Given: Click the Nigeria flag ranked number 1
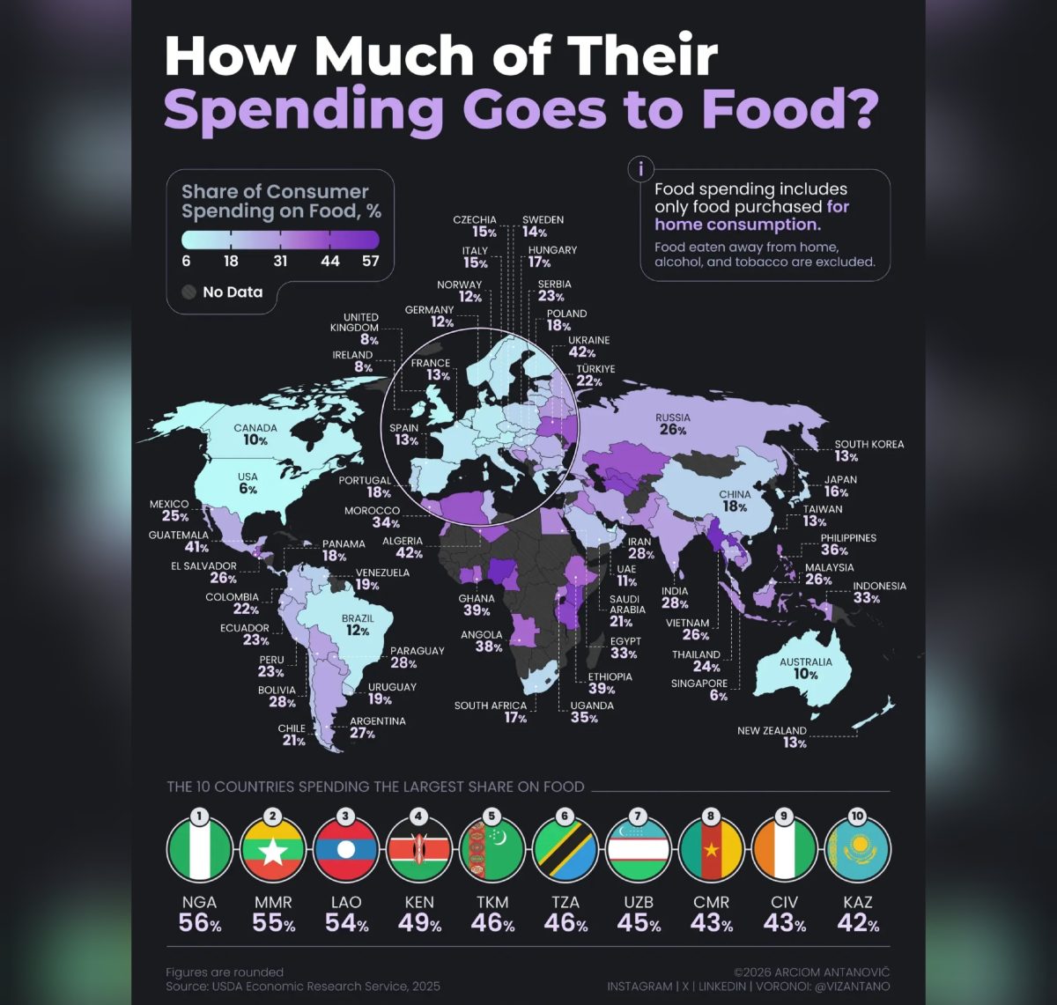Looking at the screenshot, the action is click(x=199, y=850).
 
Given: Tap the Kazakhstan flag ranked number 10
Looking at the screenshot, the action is click(x=857, y=850).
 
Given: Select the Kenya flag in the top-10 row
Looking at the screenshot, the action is click(x=418, y=850).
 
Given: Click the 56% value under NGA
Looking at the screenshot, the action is click(x=199, y=923).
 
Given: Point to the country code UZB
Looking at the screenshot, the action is click(x=639, y=902).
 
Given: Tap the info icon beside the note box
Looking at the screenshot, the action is click(x=640, y=169).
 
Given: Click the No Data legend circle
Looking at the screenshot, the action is click(x=188, y=292).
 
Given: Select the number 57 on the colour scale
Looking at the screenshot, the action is click(x=371, y=262).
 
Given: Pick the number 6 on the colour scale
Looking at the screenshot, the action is click(x=186, y=262).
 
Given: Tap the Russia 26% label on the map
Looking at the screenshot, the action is click(x=673, y=424).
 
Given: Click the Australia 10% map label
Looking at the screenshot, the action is click(x=805, y=668).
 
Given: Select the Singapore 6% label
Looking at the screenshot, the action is click(x=699, y=690).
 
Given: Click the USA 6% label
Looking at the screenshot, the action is click(x=248, y=483).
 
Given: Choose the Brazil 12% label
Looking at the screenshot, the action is click(x=358, y=624).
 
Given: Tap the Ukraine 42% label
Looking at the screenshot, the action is click(x=588, y=346).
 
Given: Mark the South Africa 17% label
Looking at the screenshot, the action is click(x=491, y=712).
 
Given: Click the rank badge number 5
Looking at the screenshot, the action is click(x=492, y=817).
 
